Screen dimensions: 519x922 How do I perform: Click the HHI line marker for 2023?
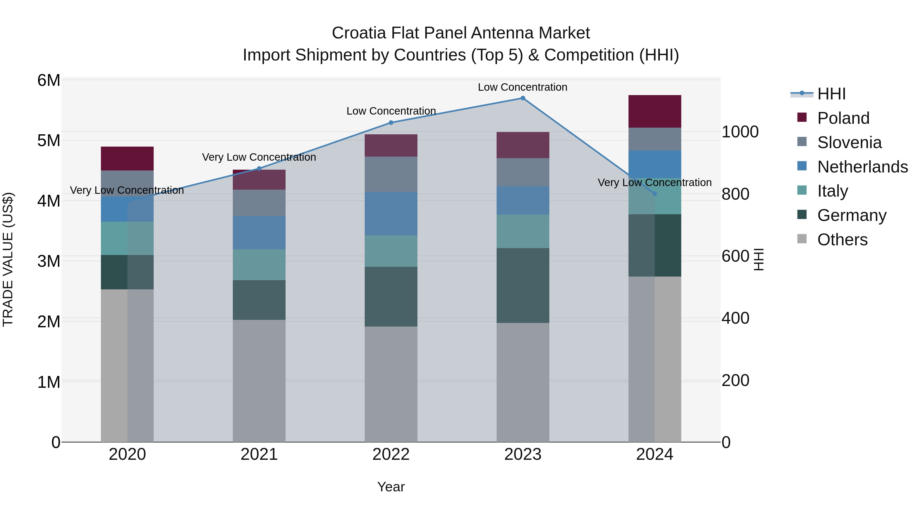point(522,98)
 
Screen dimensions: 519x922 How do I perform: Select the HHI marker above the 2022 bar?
point(391,123)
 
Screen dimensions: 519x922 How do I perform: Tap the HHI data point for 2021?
point(259,168)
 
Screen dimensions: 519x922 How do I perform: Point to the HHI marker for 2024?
point(655,194)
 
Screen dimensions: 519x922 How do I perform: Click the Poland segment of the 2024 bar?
point(655,111)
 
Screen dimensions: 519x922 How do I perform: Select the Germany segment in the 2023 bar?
point(522,286)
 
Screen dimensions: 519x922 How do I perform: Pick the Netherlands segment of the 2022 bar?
point(391,213)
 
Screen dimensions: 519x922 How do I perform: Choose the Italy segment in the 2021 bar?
point(259,265)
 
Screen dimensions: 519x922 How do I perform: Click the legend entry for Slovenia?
point(849,143)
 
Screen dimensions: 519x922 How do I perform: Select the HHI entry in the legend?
point(831,94)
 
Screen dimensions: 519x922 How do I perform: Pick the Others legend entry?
point(842,240)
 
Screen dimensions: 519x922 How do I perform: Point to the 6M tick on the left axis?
point(49,80)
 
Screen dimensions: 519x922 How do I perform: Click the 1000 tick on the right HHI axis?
point(739,132)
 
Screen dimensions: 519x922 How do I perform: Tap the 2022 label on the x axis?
point(391,454)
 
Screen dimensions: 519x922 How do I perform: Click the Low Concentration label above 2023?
point(522,87)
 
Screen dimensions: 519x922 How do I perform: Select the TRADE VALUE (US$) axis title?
point(8,259)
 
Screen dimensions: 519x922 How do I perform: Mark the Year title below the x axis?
point(391,487)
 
